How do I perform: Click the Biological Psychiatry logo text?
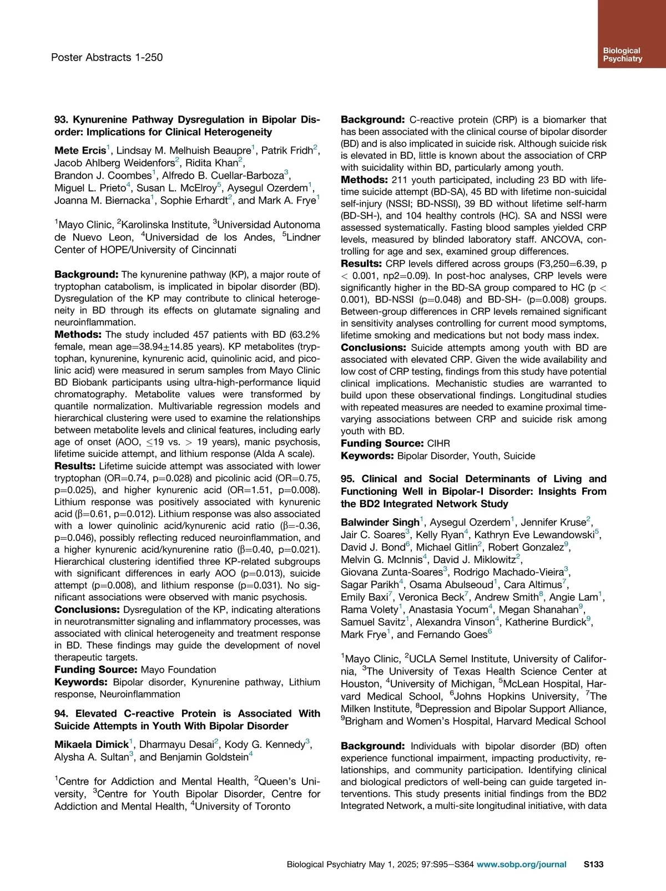coord(622,54)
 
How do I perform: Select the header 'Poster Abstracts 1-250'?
coord(107,57)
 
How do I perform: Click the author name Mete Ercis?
coord(80,150)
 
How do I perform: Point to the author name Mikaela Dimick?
coord(91,745)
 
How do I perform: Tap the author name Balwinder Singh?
coord(380,522)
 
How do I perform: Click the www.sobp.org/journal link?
coord(521,864)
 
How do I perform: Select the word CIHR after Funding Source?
coord(438,443)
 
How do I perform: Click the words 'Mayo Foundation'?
coord(178,670)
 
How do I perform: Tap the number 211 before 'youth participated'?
coord(400,180)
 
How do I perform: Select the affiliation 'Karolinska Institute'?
coord(164,225)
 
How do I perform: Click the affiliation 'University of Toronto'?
coord(242,806)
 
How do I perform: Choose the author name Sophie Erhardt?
coord(193,201)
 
